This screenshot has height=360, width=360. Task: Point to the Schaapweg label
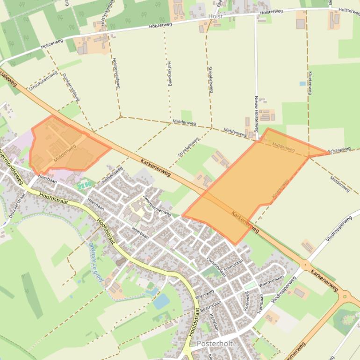(339, 150)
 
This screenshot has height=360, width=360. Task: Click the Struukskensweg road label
(43, 80)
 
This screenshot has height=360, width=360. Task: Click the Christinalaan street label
(216, 266)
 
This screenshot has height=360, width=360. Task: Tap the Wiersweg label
(205, 295)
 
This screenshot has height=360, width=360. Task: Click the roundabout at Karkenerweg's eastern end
(346, 295)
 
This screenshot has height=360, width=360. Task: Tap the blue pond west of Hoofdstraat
(161, 302)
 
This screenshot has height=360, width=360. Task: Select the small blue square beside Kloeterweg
(302, 84)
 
